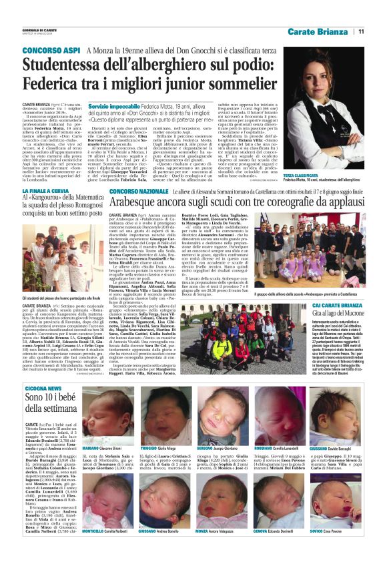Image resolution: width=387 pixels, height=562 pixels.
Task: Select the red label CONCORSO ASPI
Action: tap(47, 51)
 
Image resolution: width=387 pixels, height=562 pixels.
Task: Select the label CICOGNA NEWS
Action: tap(43, 388)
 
